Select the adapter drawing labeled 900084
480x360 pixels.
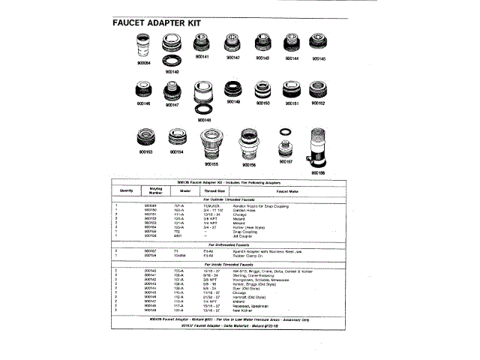[142, 49]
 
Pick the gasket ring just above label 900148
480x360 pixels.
[202, 110]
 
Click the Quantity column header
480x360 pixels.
[125, 190]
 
